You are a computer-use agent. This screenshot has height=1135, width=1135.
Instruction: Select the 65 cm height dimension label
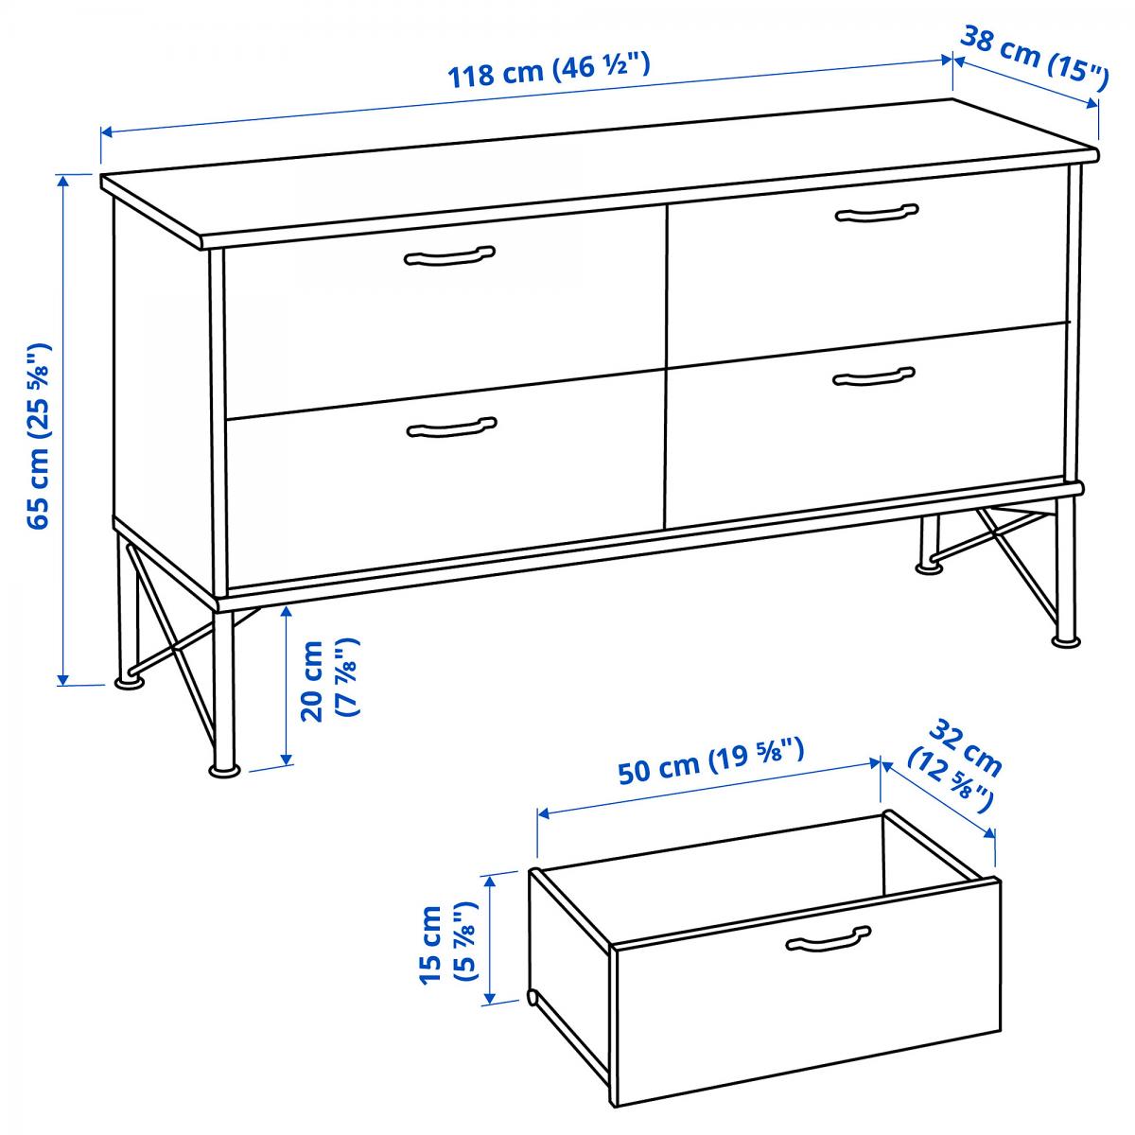click(x=40, y=436)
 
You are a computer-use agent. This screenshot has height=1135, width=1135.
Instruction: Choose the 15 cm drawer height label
click(x=447, y=944)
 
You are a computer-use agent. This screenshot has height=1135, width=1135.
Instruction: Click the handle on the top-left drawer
click(x=449, y=255)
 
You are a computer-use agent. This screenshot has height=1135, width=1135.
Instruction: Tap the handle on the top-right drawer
click(x=877, y=213)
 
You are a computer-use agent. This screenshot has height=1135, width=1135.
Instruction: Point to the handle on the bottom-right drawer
click(x=874, y=376)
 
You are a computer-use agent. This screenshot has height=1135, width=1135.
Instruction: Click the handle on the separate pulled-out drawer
click(x=829, y=939)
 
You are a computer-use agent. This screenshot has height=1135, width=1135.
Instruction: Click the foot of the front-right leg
click(x=1066, y=641)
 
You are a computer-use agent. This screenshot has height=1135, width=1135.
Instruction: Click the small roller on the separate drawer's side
click(x=532, y=997)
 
